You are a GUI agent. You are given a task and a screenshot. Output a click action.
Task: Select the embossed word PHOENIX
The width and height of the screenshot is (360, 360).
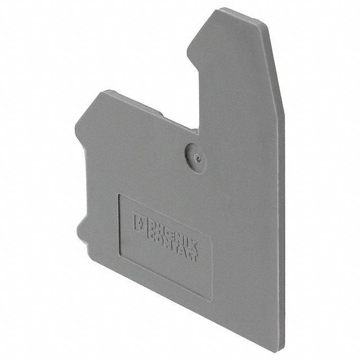[172, 233]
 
